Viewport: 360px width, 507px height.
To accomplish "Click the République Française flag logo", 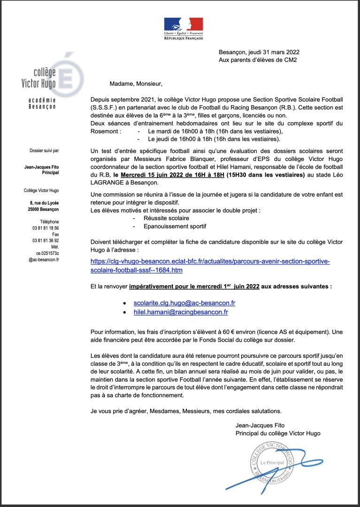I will coord(184,28).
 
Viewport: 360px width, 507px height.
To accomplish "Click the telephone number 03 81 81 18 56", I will coord(46,228).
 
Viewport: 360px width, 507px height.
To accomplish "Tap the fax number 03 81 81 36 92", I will coord(46,240).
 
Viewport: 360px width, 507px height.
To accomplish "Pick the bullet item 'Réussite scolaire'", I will coord(166,218).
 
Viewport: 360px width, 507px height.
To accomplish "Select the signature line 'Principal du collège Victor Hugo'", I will coord(278,433).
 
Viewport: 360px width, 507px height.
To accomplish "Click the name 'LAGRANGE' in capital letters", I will coord(109,183).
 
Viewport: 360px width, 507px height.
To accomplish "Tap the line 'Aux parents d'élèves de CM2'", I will coord(258,60).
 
